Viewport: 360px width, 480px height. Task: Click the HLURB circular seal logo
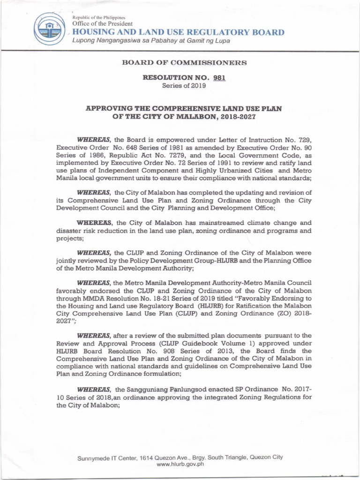click(51, 27)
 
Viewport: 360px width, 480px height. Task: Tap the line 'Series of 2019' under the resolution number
click(180, 86)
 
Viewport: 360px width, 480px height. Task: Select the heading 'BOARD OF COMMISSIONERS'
click(180, 62)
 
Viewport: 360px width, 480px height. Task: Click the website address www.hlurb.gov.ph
click(180, 464)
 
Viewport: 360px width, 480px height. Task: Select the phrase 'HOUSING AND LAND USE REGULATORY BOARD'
click(178, 32)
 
